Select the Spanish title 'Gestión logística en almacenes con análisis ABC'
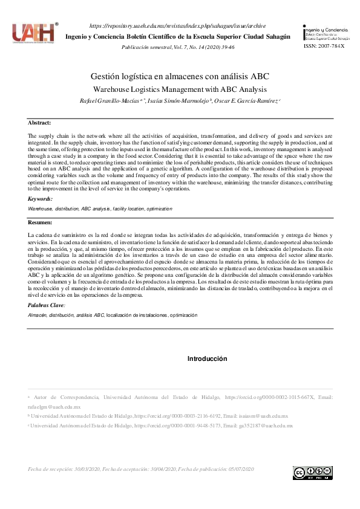coord(180,77)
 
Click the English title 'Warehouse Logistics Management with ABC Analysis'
coord(180,89)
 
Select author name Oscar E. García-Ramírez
coord(247,100)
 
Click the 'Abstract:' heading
coord(40,123)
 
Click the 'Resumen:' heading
coord(41,222)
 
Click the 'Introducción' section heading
coord(207,358)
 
